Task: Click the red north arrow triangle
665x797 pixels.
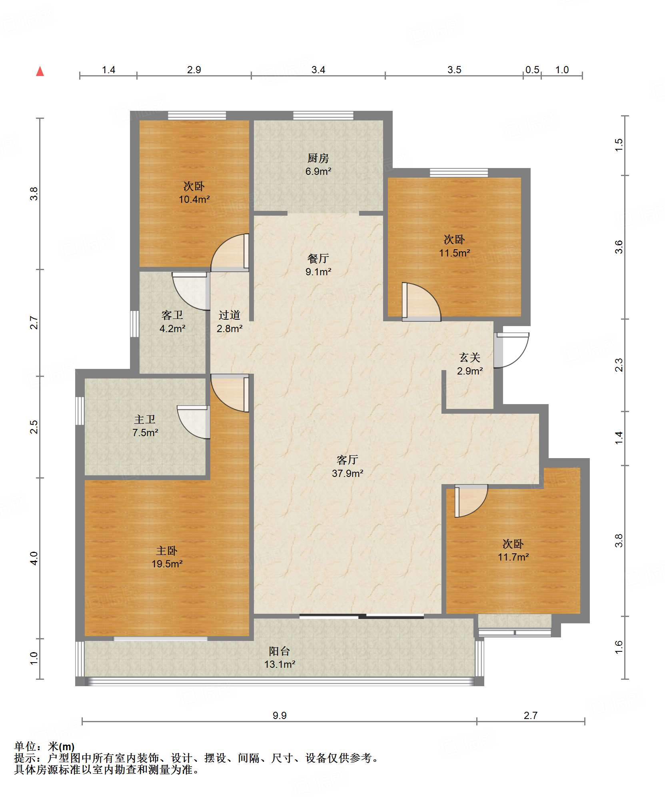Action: coord(40,71)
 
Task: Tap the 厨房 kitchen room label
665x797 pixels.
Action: coord(318,158)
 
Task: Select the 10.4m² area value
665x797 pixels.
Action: coord(194,199)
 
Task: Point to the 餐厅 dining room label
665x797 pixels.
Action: coord(318,258)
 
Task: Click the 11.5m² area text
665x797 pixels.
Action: coord(454,253)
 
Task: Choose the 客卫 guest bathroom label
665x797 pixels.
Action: coord(172,315)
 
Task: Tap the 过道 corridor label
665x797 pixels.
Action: coord(230,315)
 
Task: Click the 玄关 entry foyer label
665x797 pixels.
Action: coord(470,357)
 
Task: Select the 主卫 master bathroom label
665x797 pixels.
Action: coord(145,419)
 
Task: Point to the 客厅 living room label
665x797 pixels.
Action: coord(347,460)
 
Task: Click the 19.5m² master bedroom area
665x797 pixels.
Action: coord(167,564)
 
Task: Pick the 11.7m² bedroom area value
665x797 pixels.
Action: coord(513,557)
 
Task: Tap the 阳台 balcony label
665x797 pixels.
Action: coord(280,651)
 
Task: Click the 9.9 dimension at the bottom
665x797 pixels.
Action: coord(280,715)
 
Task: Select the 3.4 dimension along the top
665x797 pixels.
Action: coord(318,70)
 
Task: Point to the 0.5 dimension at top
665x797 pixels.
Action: coord(532,70)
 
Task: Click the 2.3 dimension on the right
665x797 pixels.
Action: coord(619,365)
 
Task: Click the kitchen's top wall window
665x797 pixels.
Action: coord(323,116)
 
